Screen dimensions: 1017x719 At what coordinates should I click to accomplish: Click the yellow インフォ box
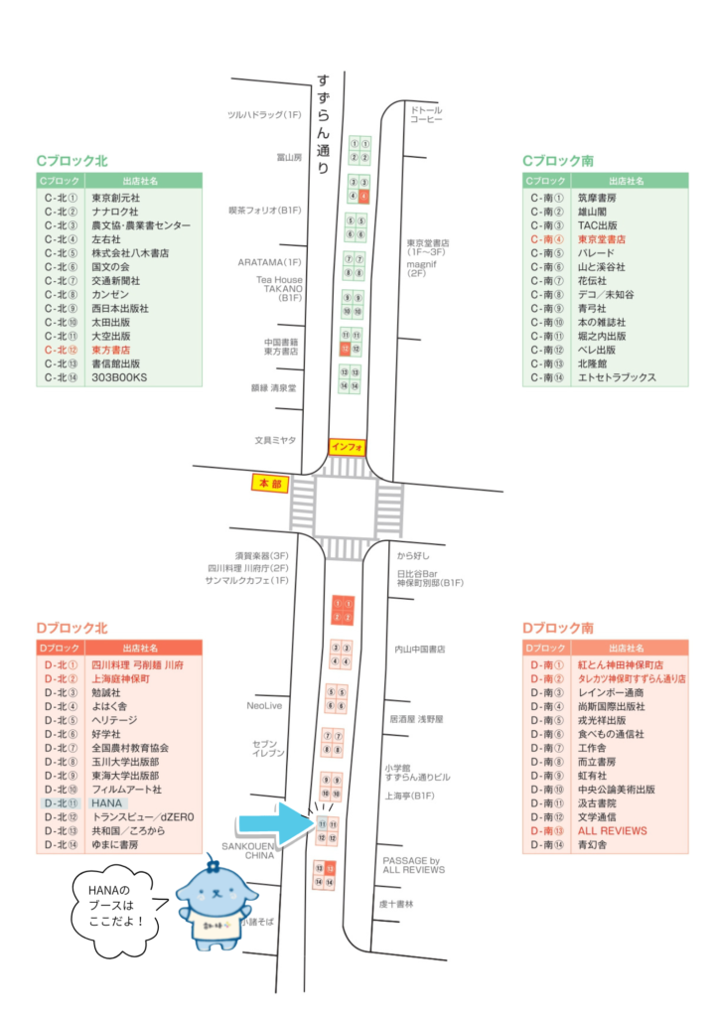click(x=348, y=446)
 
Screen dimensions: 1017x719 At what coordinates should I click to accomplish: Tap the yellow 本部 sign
click(x=270, y=484)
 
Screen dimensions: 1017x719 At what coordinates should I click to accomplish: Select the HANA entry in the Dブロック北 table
click(x=106, y=802)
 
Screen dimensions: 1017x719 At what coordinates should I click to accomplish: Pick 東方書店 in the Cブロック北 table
click(x=111, y=351)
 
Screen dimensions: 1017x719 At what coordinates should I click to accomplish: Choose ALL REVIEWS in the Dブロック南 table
click(x=612, y=830)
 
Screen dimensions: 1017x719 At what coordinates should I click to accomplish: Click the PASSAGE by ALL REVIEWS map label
click(x=411, y=865)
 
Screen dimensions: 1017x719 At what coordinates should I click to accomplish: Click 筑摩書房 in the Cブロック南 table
click(x=598, y=198)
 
